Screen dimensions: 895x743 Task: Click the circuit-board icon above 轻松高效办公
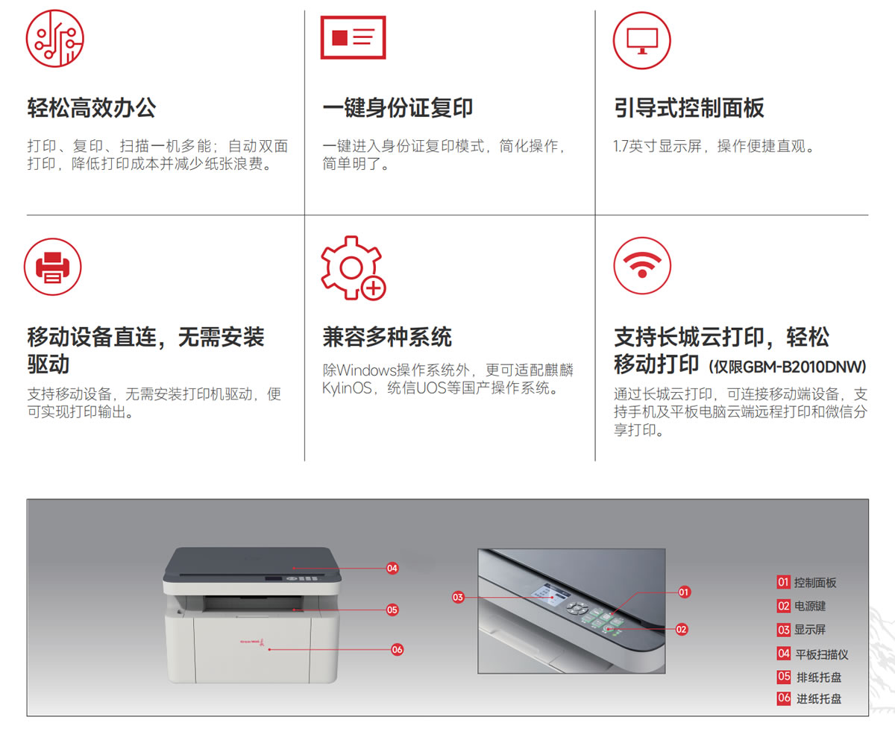pos(55,39)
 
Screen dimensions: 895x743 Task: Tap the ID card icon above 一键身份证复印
pos(354,37)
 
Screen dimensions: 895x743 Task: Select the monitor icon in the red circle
pos(641,40)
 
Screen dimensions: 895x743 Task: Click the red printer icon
pos(53,267)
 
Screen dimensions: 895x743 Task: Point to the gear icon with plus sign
pos(354,268)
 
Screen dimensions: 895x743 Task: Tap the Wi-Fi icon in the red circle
pos(642,265)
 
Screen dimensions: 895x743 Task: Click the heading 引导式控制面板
pos(689,107)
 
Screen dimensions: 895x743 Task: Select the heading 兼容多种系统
pos(387,337)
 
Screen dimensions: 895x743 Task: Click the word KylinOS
pos(347,388)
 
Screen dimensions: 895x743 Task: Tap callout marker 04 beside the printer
pos(392,569)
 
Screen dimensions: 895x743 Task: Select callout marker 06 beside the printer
pos(397,650)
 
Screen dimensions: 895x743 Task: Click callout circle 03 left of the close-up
pos(458,598)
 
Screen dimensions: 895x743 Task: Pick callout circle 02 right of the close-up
pos(682,630)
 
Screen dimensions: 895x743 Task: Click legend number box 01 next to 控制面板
pos(784,582)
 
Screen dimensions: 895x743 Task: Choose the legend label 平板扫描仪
pos(822,654)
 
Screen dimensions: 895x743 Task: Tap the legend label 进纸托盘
pos(819,699)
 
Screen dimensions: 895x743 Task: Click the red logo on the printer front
pos(253,642)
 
